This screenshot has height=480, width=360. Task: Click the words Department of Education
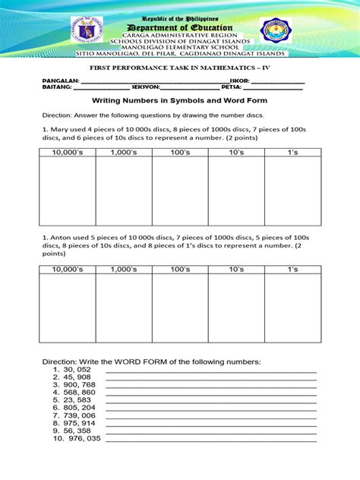(x=179, y=27)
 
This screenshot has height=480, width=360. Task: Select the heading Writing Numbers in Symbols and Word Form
(x=179, y=100)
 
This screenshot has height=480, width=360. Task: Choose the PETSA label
(x=232, y=87)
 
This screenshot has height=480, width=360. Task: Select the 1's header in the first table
(x=292, y=153)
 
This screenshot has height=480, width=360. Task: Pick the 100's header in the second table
(x=180, y=269)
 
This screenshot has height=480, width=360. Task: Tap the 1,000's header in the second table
(x=124, y=269)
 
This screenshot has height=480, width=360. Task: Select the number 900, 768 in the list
(x=80, y=384)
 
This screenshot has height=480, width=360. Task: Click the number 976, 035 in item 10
(x=84, y=439)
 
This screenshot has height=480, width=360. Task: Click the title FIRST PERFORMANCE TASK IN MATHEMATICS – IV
(x=179, y=68)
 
